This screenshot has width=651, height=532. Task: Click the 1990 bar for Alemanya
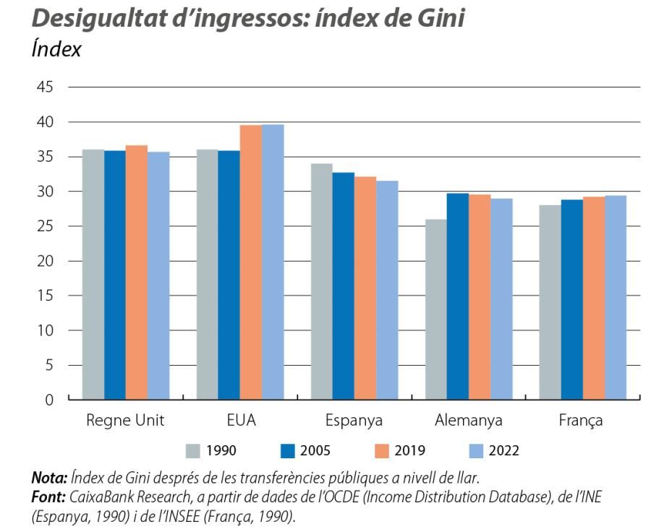tap(435, 309)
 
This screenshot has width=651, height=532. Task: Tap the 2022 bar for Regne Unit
tap(158, 275)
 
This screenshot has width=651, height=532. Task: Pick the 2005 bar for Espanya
tap(343, 286)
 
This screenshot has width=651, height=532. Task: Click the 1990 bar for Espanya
tap(321, 281)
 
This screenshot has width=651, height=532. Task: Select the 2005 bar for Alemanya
tap(457, 296)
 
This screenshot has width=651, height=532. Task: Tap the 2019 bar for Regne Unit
tap(137, 272)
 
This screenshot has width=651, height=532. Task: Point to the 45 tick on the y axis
tap(44, 87)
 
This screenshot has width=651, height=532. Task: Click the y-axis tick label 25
tap(44, 226)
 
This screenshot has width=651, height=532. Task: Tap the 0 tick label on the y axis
tap(48, 400)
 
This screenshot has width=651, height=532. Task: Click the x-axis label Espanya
tap(354, 421)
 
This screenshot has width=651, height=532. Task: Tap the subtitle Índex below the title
tap(56, 50)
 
